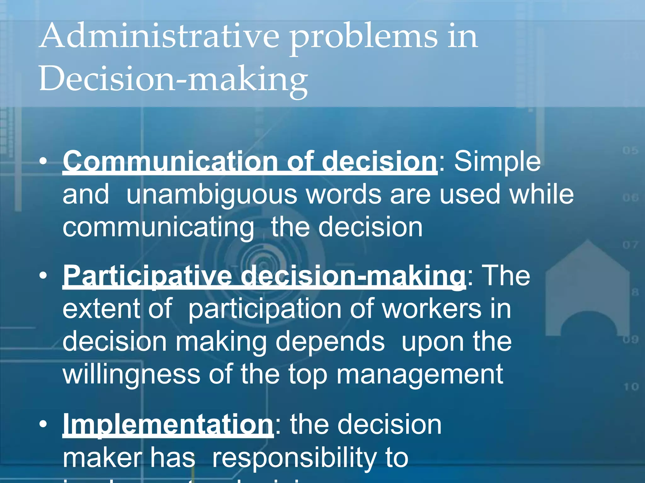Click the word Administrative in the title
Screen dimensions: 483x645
[x=159, y=37]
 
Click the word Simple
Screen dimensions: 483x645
[x=497, y=162]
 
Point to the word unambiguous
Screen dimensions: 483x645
[x=212, y=194]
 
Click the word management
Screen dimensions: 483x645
[x=420, y=374]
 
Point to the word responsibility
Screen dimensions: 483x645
[x=294, y=458]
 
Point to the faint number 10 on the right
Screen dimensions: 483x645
[x=631, y=386]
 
